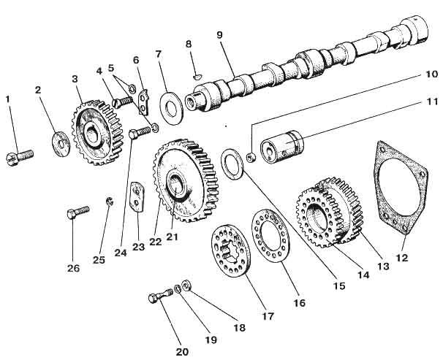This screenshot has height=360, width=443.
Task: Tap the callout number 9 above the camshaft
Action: click(x=219, y=34)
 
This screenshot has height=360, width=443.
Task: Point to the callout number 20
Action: click(x=182, y=351)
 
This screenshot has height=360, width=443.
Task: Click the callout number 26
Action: click(x=73, y=268)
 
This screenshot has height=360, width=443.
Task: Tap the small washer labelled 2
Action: click(x=58, y=139)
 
